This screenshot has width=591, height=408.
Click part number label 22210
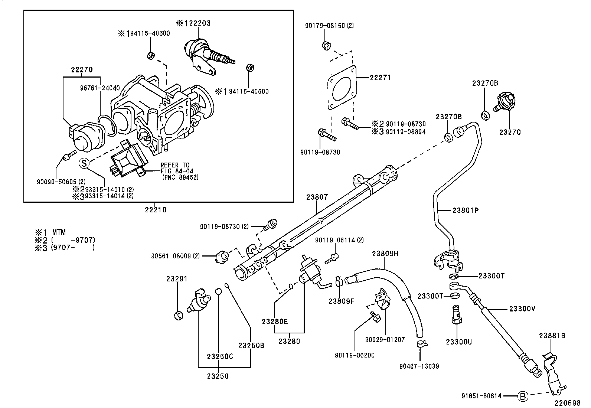click(x=156, y=210)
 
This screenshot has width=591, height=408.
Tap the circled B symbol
click(x=522, y=396)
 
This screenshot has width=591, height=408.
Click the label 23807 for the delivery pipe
click(x=317, y=197)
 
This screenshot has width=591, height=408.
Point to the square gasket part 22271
click(x=342, y=88)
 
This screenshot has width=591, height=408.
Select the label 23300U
click(x=459, y=342)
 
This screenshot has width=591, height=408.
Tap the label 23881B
click(x=552, y=336)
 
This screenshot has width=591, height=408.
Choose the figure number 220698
click(x=568, y=402)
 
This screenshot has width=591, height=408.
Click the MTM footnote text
click(x=59, y=232)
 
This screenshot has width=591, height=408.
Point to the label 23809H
click(x=385, y=254)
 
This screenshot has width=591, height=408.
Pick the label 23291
click(x=177, y=279)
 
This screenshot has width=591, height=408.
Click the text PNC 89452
click(x=181, y=177)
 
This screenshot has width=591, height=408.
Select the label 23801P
click(x=466, y=210)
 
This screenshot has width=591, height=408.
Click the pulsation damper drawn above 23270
click(x=505, y=102)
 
